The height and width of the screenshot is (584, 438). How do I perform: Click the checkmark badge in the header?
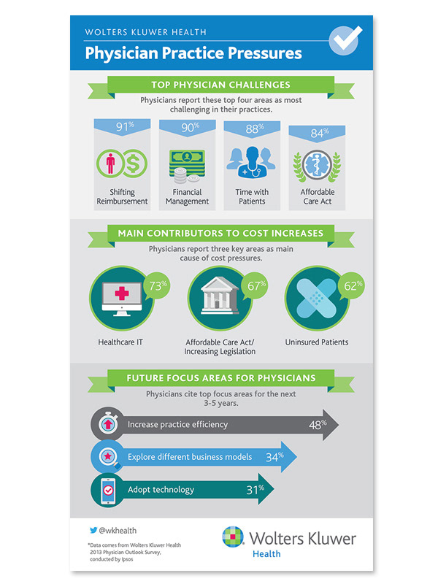tap(345, 40)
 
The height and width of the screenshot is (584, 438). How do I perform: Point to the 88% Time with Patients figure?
tap(252, 128)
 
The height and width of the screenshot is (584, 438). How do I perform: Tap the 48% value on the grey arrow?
tap(318, 423)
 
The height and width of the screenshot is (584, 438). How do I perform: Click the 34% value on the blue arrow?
tap(274, 457)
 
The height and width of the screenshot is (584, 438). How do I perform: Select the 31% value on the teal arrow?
tap(255, 489)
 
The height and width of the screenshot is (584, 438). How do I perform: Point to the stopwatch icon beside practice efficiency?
tap(106, 424)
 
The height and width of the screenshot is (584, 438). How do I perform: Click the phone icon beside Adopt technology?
tap(106, 489)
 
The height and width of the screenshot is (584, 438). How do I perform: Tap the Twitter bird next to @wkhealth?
tap(93, 531)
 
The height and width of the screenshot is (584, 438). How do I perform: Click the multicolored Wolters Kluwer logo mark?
tap(233, 538)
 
